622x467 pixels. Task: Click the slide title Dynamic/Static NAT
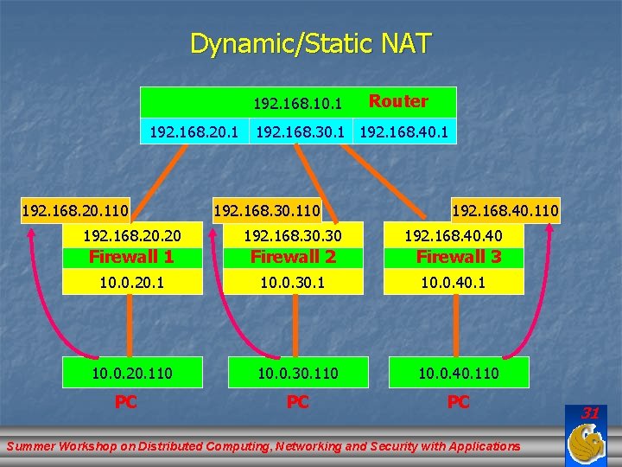(x=310, y=43)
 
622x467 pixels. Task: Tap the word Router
(x=398, y=101)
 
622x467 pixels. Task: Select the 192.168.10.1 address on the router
(x=297, y=104)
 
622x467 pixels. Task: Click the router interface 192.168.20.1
(x=194, y=132)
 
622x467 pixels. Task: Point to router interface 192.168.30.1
(x=300, y=132)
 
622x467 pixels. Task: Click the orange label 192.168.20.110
(x=75, y=209)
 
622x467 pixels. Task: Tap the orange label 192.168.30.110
(x=267, y=209)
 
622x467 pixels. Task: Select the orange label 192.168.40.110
(x=505, y=209)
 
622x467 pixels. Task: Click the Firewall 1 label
(x=131, y=257)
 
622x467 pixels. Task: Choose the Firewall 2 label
(x=293, y=257)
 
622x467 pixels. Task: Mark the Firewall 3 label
(x=458, y=257)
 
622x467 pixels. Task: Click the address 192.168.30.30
(x=293, y=236)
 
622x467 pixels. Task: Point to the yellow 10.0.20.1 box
(x=131, y=282)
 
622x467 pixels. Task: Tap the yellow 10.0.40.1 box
(x=454, y=282)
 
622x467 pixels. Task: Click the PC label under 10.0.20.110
(x=126, y=402)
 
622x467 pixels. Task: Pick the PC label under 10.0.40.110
(x=458, y=402)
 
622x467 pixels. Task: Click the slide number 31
(x=590, y=413)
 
